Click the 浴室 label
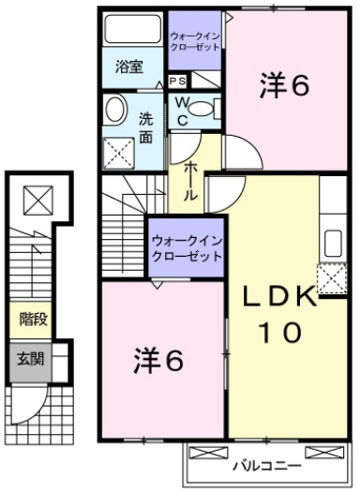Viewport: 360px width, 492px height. (128, 67)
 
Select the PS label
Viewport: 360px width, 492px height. (176, 82)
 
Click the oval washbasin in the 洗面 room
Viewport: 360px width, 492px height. (115, 110)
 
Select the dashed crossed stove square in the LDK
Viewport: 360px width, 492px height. (329, 278)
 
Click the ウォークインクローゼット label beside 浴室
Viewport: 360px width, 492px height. (195, 40)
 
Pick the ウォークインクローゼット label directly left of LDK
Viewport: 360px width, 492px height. (187, 248)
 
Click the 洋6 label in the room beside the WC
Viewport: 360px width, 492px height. (282, 87)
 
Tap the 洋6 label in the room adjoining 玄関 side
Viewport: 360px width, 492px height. (157, 360)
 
